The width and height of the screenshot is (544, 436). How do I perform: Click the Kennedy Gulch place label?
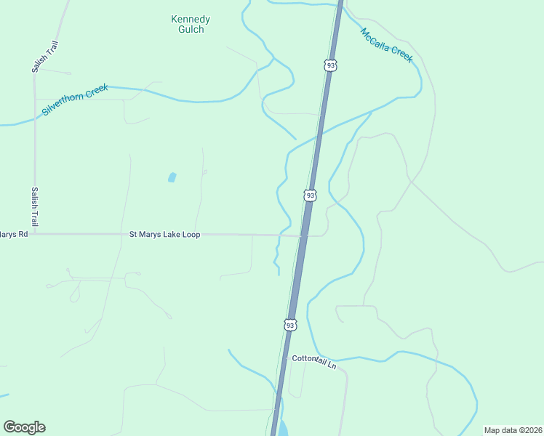190,24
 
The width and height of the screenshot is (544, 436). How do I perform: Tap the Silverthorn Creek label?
75,100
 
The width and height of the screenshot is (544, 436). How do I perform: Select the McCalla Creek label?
386,44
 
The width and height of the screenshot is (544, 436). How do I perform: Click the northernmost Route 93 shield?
331,65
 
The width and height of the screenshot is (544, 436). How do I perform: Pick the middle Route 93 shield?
311,195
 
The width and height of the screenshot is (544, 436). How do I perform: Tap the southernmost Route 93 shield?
290,325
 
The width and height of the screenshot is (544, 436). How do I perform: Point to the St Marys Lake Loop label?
164,235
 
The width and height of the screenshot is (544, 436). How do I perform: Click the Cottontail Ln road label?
314,361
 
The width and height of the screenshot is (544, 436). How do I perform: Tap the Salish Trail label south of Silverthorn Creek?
33,206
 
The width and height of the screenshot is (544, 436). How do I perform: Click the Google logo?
24,427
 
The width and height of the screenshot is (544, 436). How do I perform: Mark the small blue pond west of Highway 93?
172,177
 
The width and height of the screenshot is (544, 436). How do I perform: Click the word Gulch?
191,30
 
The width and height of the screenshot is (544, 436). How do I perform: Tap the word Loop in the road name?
191,235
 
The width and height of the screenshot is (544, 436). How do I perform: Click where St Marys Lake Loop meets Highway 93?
303,235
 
